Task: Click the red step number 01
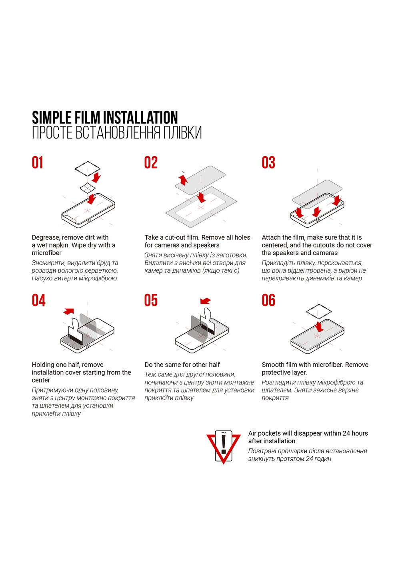click(x=37, y=163)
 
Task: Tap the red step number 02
click(x=151, y=163)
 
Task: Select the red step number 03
click(x=268, y=163)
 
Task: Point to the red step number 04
click(x=38, y=300)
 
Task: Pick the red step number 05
click(x=151, y=300)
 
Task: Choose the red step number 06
click(x=268, y=300)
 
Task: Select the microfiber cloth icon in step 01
click(x=88, y=169)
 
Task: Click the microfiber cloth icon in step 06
click(x=318, y=312)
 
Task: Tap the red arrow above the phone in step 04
click(x=69, y=311)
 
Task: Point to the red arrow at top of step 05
click(x=206, y=301)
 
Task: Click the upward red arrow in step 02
click(x=183, y=180)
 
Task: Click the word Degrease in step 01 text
click(x=46, y=238)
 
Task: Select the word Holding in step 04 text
click(x=44, y=365)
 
